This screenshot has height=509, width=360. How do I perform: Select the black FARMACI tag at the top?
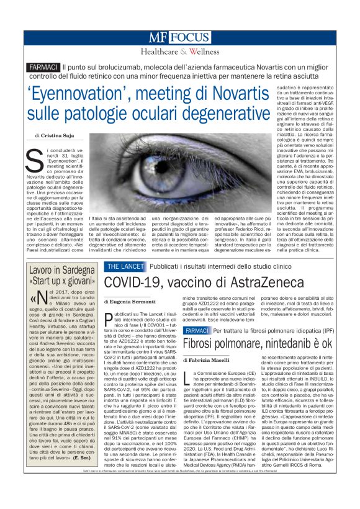point(43,67)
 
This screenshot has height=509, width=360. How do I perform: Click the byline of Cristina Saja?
point(55,135)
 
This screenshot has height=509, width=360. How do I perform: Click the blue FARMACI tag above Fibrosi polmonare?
point(196,330)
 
